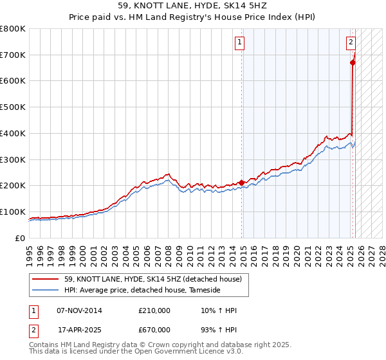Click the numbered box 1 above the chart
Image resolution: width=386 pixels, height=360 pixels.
coord(239,43)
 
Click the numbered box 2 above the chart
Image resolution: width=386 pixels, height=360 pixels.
coord(351,43)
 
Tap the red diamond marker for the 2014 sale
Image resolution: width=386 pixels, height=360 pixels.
coord(241,183)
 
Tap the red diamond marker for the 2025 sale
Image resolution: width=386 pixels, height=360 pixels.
coord(353,62)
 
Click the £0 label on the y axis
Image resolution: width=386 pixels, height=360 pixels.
coord(21,238)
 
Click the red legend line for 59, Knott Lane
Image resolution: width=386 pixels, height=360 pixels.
coord(47,279)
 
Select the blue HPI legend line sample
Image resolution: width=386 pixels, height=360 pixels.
coord(47,291)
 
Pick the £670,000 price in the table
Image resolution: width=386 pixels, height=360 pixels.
coord(154,329)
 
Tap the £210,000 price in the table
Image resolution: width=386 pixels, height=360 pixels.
coord(154,310)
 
